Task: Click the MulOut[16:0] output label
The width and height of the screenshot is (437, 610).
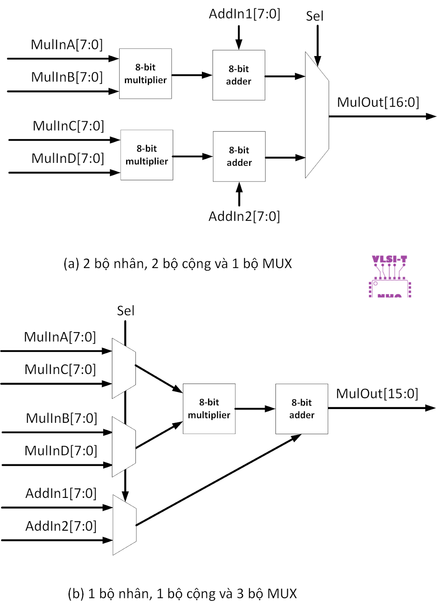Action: [378, 102]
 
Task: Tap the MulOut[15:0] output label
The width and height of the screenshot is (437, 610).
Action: [377, 393]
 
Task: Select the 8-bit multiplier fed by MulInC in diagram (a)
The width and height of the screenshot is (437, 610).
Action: [147, 155]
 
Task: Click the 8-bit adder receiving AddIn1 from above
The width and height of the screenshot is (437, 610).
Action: [239, 75]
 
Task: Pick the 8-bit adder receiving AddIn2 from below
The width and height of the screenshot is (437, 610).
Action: [239, 156]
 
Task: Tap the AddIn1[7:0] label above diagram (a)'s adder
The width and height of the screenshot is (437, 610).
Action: [244, 14]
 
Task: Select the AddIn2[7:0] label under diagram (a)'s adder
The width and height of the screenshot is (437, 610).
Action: [244, 216]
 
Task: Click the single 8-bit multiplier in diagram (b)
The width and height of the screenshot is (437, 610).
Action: [209, 409]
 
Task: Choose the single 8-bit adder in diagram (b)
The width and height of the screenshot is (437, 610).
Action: [301, 409]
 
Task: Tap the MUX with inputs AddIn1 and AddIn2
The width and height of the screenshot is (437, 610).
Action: [125, 525]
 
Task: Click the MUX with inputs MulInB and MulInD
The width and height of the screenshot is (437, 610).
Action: [124, 447]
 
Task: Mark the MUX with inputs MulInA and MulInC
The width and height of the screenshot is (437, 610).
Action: [124, 368]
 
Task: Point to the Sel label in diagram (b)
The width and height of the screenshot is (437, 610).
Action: [125, 311]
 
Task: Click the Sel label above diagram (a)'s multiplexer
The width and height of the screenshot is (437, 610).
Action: [315, 16]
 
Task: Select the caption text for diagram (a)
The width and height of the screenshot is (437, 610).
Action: [178, 263]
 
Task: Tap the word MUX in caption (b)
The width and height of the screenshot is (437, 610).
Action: [282, 594]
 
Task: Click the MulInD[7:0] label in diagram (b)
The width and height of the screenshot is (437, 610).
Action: [61, 451]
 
